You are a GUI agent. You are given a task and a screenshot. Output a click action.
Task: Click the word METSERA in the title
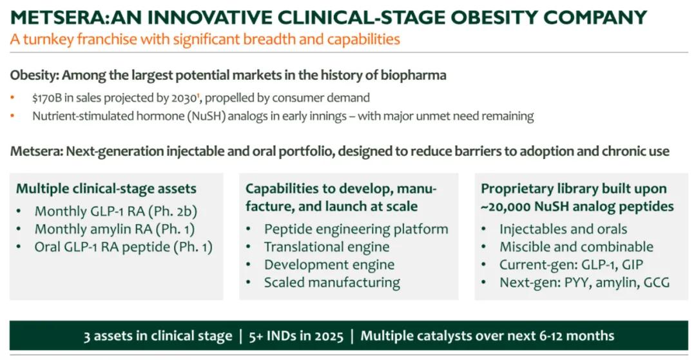(x=56, y=17)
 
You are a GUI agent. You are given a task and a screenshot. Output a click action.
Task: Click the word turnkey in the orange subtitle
(x=48, y=39)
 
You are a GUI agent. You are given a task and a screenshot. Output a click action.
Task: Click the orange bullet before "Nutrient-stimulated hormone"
(x=12, y=116)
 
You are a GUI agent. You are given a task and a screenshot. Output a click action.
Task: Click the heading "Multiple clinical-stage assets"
(x=106, y=189)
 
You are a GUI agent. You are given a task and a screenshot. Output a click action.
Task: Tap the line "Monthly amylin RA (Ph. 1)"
(x=115, y=229)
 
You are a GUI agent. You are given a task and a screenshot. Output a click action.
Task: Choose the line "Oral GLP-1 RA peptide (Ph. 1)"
(x=123, y=247)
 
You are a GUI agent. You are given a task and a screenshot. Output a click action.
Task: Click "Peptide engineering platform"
(x=356, y=229)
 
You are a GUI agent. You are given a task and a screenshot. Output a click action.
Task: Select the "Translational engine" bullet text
(x=327, y=247)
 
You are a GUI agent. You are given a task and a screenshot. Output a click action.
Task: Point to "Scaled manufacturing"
(x=332, y=283)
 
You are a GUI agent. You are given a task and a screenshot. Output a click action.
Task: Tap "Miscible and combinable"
(x=577, y=247)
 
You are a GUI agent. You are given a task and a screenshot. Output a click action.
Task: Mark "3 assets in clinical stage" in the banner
(x=158, y=336)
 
